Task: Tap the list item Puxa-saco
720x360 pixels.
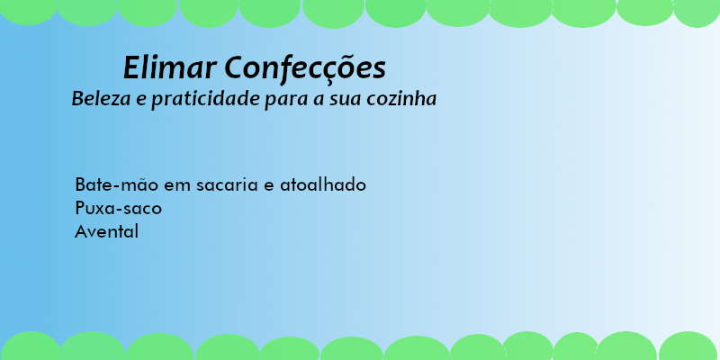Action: pos(119,209)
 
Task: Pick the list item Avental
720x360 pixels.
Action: pos(107,231)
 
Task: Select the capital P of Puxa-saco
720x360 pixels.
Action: pos(80,208)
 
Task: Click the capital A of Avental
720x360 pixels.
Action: pos(81,231)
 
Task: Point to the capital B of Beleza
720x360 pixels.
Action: pos(77,98)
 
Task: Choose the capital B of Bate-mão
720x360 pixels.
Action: pos(80,184)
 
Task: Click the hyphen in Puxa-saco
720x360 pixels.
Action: pos(122,210)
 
